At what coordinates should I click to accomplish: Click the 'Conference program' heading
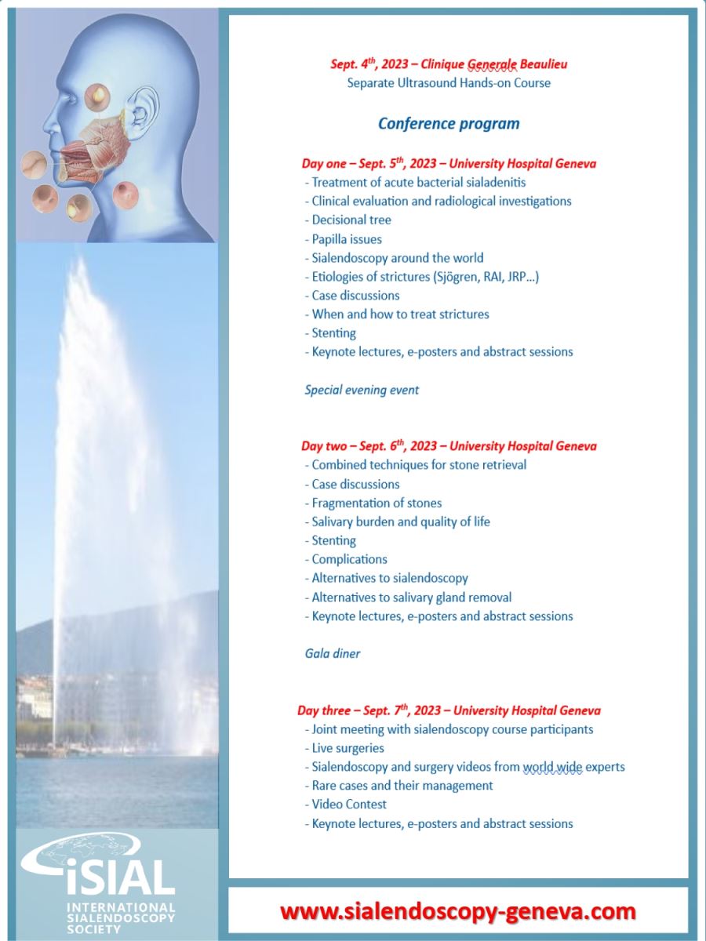(x=449, y=123)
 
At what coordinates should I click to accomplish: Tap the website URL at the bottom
(x=458, y=912)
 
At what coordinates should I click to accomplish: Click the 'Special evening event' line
(x=362, y=390)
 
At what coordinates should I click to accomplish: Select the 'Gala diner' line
(x=333, y=653)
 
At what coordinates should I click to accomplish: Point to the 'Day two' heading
(x=449, y=445)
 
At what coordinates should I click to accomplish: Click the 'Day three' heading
(x=449, y=710)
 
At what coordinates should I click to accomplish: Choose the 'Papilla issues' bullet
(x=347, y=239)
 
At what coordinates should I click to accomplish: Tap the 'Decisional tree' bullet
(x=351, y=220)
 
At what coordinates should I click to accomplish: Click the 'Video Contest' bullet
(x=349, y=804)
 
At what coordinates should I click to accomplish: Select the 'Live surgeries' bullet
(x=348, y=748)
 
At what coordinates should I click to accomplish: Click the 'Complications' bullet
(x=349, y=559)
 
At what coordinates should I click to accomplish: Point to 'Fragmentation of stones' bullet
(x=377, y=503)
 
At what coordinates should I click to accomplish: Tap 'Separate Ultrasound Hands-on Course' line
(x=449, y=82)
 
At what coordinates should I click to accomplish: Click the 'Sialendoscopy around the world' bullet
(x=397, y=258)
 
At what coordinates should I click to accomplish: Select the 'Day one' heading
(x=449, y=164)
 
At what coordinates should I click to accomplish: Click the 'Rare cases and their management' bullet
(x=402, y=785)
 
